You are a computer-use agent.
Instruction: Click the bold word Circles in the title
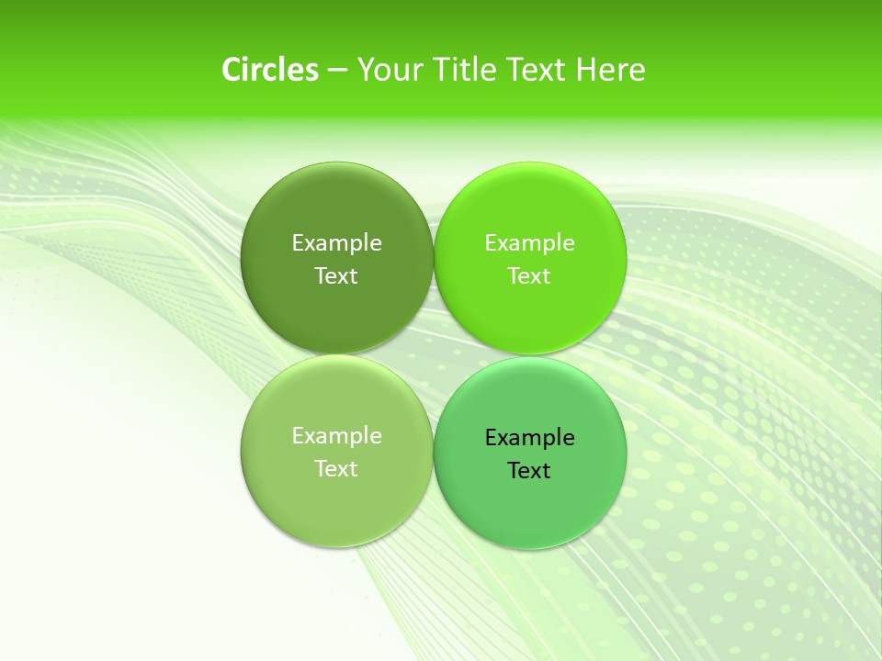coord(269,70)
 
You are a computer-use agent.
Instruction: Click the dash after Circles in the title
coord(336,71)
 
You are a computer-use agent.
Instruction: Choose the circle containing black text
coord(530,500)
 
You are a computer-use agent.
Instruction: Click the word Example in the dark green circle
coord(336,242)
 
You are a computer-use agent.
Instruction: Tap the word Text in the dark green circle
coord(336,275)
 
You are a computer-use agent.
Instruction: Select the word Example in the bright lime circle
coord(529,242)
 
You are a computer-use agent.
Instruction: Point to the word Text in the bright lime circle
coord(529,275)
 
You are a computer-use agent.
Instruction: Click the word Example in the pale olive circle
coord(336,435)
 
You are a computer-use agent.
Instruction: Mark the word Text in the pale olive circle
coord(336,468)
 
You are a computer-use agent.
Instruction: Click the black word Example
coord(529,437)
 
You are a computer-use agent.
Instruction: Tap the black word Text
coord(529,470)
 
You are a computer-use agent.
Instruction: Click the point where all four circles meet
coord(434,355)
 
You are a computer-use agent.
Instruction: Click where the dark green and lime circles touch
coord(434,258)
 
